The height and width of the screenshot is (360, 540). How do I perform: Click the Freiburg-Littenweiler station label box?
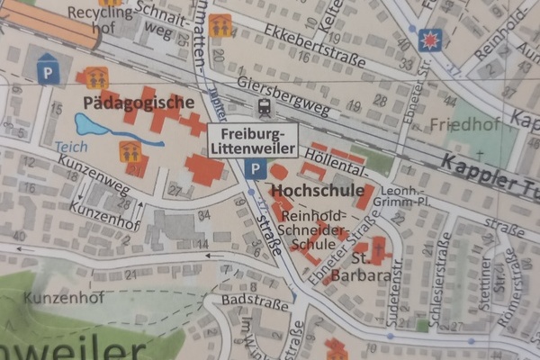coord(253,139)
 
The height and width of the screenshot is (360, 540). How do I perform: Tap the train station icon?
coord(265,108)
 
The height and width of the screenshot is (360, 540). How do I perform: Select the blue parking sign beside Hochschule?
coord(256,169)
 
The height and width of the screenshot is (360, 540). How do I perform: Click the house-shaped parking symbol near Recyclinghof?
coord(48,70)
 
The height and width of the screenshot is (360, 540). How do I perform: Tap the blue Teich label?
coord(69,146)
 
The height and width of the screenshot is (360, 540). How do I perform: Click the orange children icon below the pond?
coord(131,150)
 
